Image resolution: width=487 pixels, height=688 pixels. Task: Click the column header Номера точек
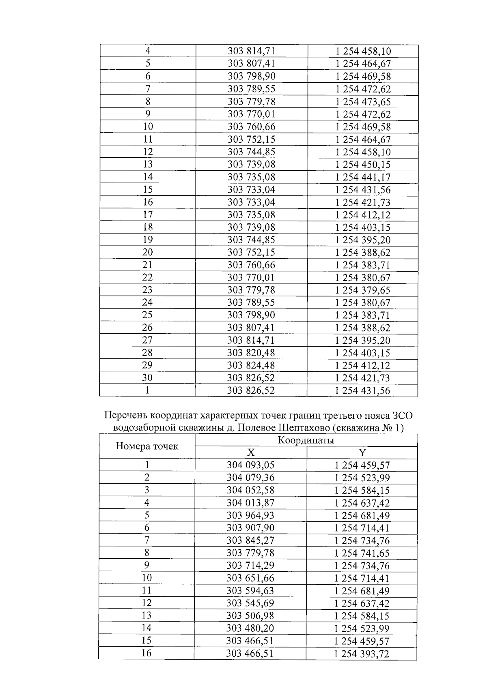coord(147,446)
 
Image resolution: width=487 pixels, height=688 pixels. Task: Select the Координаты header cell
coord(306,440)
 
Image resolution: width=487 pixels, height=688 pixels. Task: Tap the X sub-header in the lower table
coord(251,453)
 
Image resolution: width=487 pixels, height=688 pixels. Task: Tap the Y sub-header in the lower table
coord(362,453)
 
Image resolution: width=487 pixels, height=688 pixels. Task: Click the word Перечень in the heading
coord(126,416)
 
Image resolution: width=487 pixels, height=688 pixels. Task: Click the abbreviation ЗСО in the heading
coord(402,416)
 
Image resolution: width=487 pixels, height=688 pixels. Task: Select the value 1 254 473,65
coord(363,102)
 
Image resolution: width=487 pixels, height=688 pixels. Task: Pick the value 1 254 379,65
coord(363,290)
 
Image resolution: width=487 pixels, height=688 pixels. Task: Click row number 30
coord(147,378)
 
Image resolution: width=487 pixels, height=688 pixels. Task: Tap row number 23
coord(147,290)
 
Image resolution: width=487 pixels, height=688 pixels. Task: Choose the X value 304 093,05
coord(251,465)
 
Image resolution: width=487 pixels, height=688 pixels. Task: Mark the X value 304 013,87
coord(251,503)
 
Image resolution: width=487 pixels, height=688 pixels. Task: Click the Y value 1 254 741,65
coord(362,553)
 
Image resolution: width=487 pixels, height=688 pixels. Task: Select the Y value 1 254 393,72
coord(362,654)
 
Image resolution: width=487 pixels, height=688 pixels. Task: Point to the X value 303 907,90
coord(251,528)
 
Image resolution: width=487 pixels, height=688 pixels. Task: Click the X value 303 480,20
coord(251,629)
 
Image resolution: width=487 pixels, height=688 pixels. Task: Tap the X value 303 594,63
coord(251,591)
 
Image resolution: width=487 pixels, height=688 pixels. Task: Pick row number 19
coord(147,240)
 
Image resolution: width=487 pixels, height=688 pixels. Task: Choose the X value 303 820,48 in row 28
coord(251,353)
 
